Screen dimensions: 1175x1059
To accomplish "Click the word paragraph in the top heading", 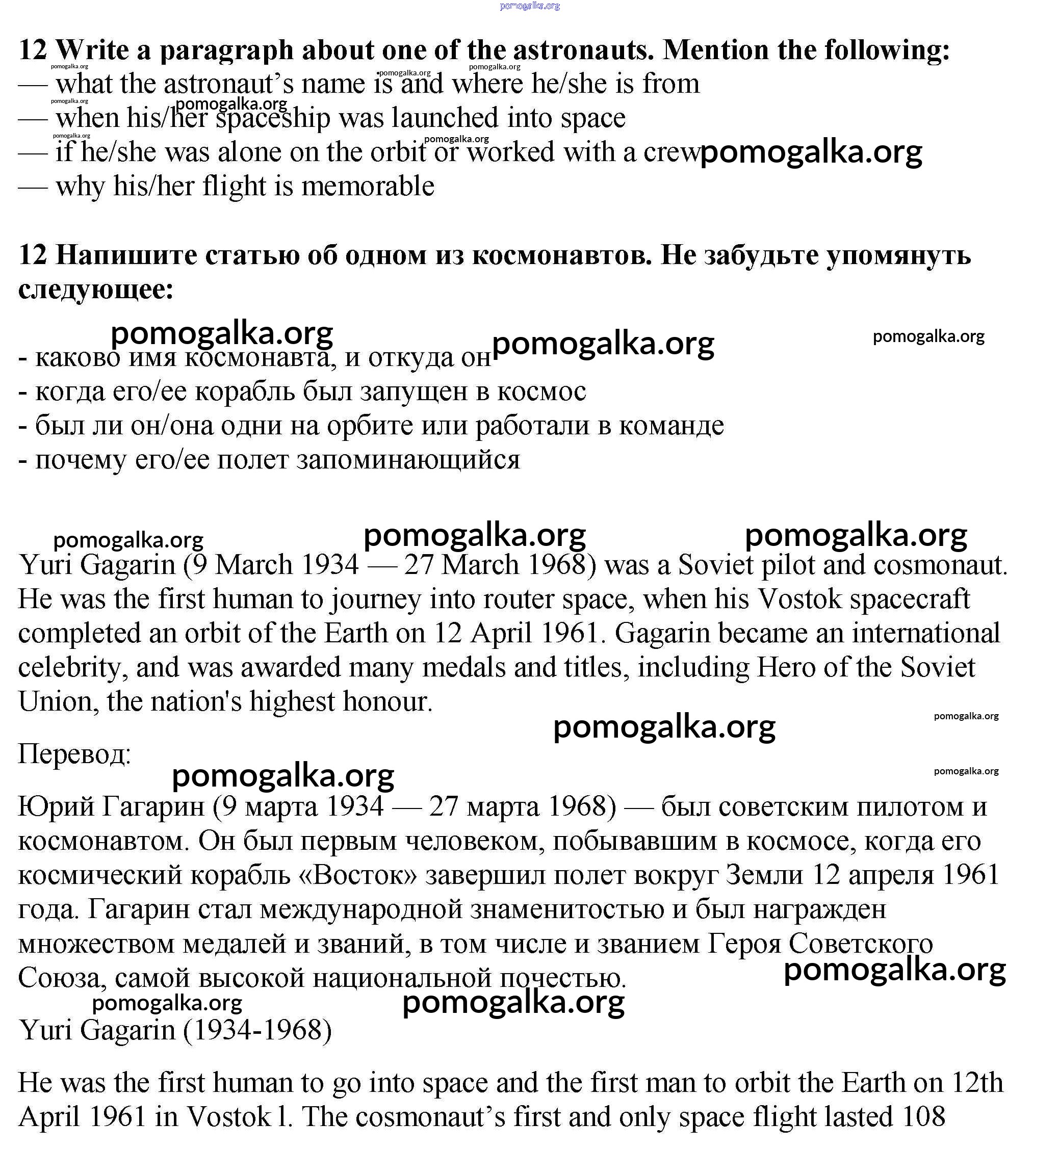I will point(226,50).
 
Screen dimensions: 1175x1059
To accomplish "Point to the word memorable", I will point(368,187).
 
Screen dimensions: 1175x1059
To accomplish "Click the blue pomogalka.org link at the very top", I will point(529,6).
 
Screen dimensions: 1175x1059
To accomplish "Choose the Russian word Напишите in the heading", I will point(126,256).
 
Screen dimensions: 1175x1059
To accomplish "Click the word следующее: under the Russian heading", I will point(96,290).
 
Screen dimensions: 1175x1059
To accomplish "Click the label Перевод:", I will point(74,754).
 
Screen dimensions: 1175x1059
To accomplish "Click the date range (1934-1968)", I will point(257,1031).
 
